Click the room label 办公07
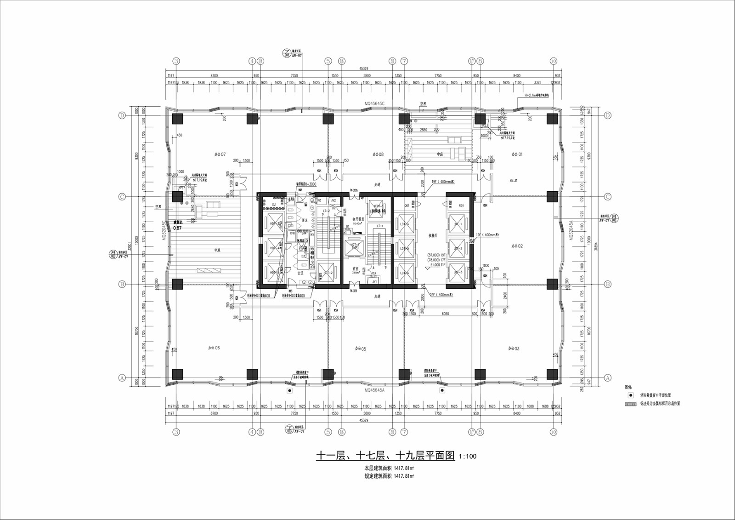point(220,154)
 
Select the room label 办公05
point(361,349)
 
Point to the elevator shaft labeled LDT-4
point(404,223)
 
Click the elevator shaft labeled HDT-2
point(327,273)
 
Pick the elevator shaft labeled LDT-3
point(458,272)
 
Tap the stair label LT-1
point(380,226)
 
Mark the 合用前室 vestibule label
point(358,219)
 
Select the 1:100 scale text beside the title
point(468,457)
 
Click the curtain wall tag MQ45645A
point(374,390)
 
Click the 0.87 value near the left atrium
point(177,228)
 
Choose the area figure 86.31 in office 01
point(513,181)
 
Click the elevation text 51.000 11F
point(436,265)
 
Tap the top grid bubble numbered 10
point(553,61)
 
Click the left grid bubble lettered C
point(122,197)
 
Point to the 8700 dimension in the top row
point(214,75)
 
